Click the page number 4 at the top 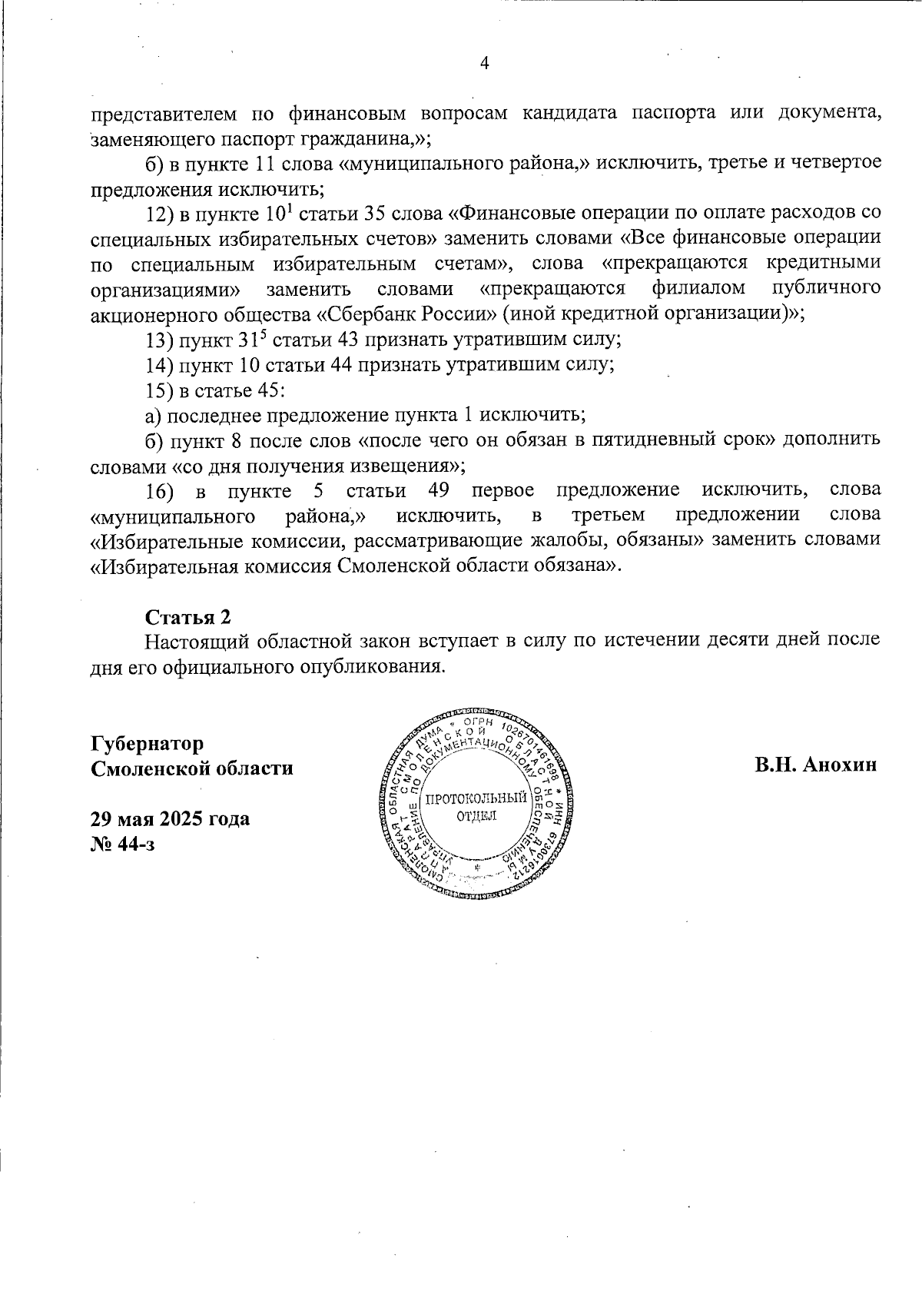tap(485, 65)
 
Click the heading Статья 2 tap(188, 617)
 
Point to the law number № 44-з tap(123, 844)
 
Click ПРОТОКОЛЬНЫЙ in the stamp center tap(476, 798)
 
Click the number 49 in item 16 tap(436, 490)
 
